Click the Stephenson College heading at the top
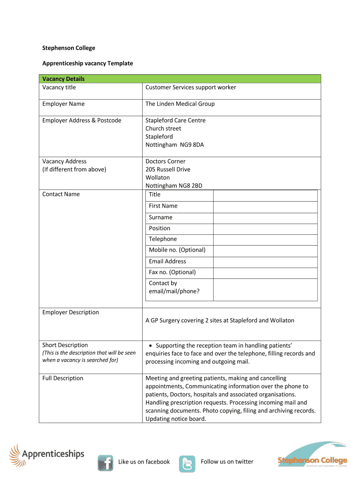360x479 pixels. (x=69, y=48)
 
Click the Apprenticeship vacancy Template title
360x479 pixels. (x=87, y=63)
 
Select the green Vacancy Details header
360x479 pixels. (x=180, y=79)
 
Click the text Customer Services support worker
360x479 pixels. (x=191, y=87)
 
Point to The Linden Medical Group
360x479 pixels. (x=180, y=104)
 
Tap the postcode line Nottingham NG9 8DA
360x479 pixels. (x=174, y=145)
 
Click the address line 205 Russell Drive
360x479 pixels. (x=168, y=169)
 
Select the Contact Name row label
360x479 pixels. (x=61, y=194)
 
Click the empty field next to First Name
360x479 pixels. (x=265, y=206)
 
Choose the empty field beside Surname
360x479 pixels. (x=265, y=218)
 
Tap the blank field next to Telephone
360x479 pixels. (x=265, y=239)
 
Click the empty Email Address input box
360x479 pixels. (x=265, y=261)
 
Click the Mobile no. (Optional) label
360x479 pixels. (x=177, y=250)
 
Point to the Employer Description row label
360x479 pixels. (x=71, y=312)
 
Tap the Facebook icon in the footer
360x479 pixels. (x=105, y=462)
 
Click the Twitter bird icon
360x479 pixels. (x=187, y=463)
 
